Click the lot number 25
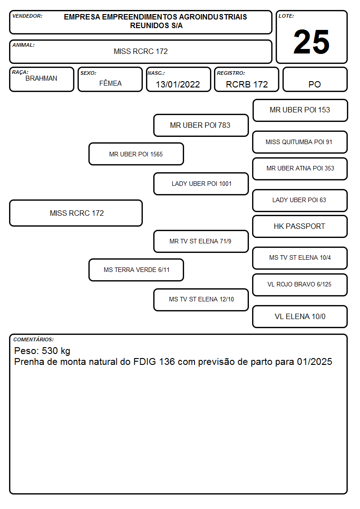click(x=311, y=42)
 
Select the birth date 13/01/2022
click(x=178, y=84)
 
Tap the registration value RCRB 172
click(x=247, y=84)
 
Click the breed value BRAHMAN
click(x=41, y=78)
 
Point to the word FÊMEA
click(x=110, y=83)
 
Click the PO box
click(x=315, y=79)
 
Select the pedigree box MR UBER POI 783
click(x=201, y=125)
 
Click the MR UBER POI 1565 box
click(x=136, y=154)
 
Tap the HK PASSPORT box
click(x=300, y=226)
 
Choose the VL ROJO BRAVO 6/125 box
click(x=300, y=285)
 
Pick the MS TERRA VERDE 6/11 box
click(x=136, y=270)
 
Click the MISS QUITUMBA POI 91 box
click(x=300, y=142)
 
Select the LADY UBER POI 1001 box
click(x=201, y=184)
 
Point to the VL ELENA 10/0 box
click(x=300, y=316)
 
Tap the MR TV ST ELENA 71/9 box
click(x=201, y=241)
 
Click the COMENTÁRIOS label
click(x=34, y=339)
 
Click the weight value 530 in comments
click(x=50, y=350)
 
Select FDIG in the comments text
click(x=145, y=362)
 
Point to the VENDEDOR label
click(x=27, y=16)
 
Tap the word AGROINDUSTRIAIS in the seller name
click(x=213, y=17)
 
